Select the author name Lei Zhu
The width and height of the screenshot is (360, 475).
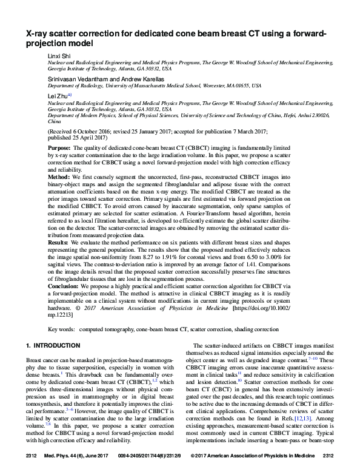tap(58, 95)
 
